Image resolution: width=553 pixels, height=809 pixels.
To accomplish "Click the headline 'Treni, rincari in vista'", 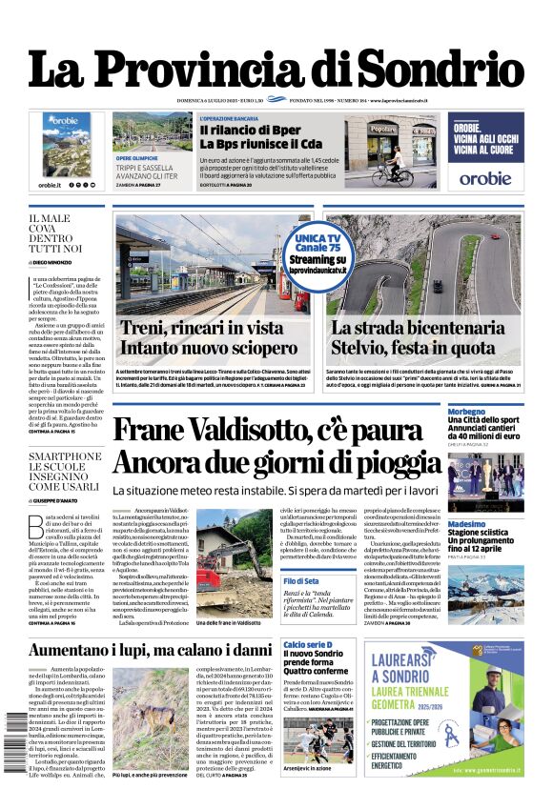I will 201,328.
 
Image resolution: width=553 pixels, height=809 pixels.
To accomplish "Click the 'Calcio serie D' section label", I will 307,645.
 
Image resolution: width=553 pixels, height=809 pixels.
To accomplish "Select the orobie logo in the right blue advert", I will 485,177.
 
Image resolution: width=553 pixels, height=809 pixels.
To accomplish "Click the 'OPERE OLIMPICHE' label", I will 136,159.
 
